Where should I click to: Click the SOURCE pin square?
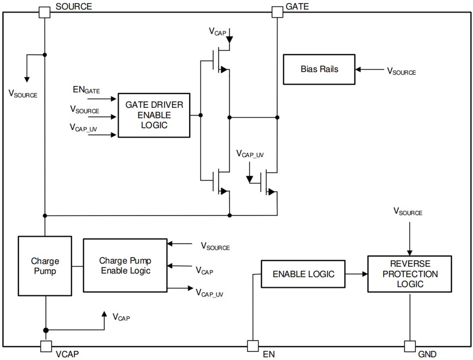(45, 12)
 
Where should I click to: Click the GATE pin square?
(277, 12)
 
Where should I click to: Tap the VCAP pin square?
(46, 346)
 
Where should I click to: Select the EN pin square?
(253, 346)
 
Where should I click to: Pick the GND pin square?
(410, 346)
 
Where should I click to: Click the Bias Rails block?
(319, 69)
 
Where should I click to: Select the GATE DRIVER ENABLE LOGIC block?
(154, 115)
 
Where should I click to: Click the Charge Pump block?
(45, 266)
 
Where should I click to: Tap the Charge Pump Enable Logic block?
(125, 266)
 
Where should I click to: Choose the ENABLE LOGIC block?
(303, 274)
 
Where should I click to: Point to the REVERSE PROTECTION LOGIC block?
(409, 274)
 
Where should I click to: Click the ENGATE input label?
(86, 90)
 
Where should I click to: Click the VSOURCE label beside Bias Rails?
(401, 71)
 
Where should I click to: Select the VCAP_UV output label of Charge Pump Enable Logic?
(209, 293)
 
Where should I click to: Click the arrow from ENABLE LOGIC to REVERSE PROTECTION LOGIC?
(356, 274)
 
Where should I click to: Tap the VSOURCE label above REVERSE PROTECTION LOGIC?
(408, 212)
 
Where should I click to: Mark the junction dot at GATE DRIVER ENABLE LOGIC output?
(201, 115)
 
